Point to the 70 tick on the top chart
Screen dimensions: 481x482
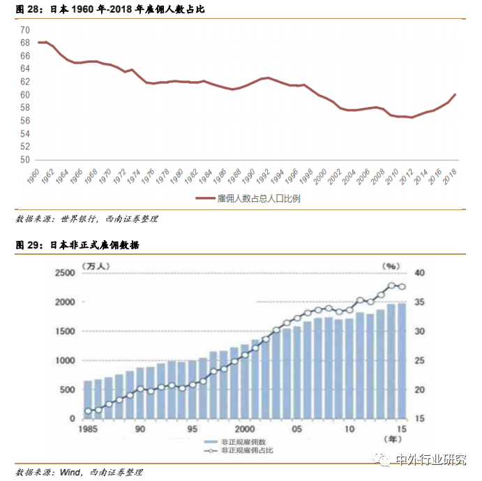click(x=25, y=30)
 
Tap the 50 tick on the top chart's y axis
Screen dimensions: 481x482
click(x=25, y=159)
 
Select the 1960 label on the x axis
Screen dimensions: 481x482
click(x=31, y=175)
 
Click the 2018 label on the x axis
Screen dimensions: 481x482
click(x=449, y=175)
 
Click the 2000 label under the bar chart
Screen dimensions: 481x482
click(x=244, y=429)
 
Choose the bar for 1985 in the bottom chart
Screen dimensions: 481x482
click(x=88, y=399)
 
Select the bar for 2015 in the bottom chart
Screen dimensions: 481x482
click(x=401, y=361)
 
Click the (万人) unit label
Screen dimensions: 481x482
click(x=94, y=265)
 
